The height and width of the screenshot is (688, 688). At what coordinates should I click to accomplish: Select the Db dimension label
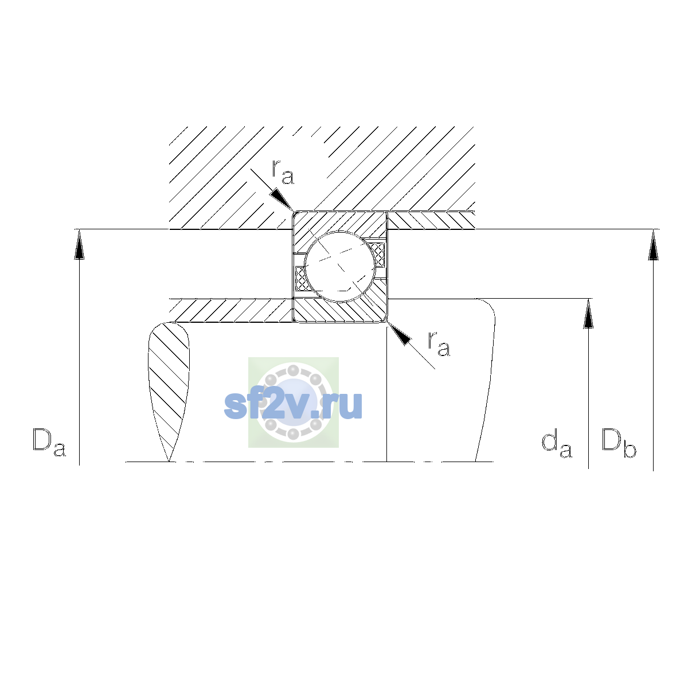(x=619, y=442)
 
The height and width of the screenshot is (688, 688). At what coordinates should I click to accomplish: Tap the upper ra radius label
(x=283, y=172)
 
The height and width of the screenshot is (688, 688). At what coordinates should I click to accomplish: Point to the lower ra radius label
(x=439, y=344)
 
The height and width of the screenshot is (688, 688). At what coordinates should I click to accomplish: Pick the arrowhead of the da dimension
(x=588, y=314)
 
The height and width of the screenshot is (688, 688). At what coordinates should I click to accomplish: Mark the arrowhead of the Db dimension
(x=654, y=245)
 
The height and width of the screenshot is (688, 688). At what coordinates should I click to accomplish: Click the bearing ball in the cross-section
(x=340, y=267)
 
